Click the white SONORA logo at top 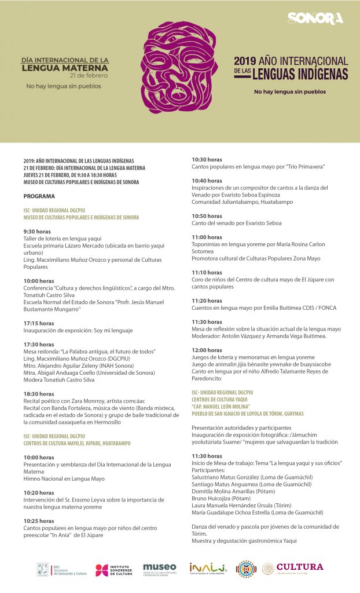coord(315,19)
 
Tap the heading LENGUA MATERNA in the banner coord(65,67)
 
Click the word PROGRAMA coord(39,196)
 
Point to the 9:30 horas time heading coord(37,231)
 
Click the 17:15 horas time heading coord(39,323)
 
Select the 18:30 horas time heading coord(39,394)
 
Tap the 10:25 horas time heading coord(39,521)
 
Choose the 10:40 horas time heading coord(207,181)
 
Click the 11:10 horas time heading coord(207,272)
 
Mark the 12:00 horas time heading coord(207,350)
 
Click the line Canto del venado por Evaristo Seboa coord(237,223)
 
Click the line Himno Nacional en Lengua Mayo coord(64,478)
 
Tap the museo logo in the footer coord(160,569)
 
